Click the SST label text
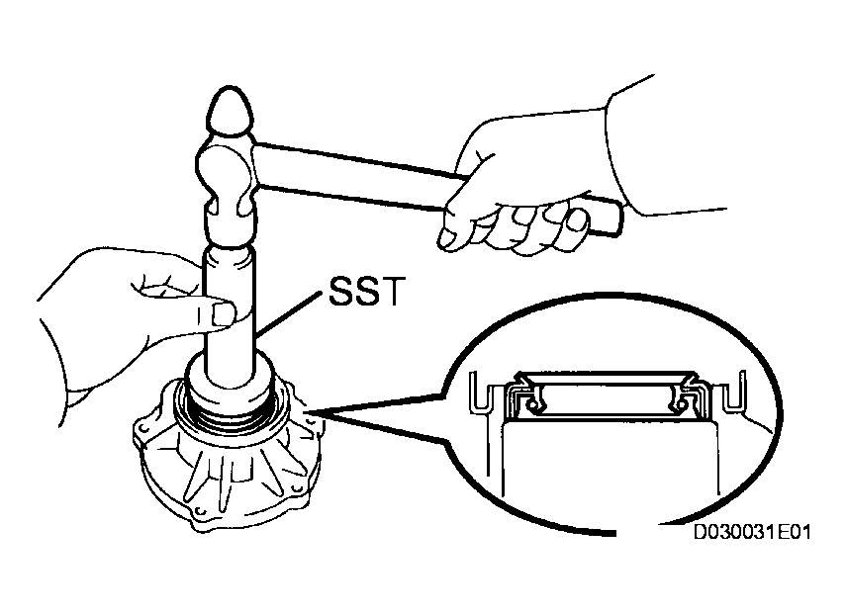[366, 292]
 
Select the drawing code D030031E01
[752, 532]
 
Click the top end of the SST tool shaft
[229, 253]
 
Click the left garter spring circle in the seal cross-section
[533, 403]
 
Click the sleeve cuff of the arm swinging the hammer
[620, 156]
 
